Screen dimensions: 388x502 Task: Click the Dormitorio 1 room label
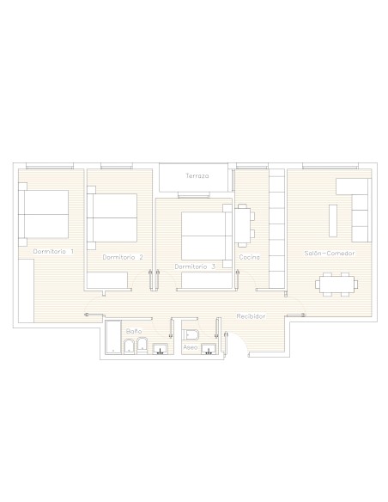(x=53, y=251)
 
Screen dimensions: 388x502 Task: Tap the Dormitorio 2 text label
(x=123, y=257)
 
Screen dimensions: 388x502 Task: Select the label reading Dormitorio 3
(x=195, y=266)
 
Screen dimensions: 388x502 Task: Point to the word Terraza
(x=197, y=175)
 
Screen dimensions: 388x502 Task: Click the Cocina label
(x=249, y=257)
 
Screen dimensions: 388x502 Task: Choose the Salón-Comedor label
(x=329, y=254)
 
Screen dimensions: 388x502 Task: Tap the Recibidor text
(x=251, y=316)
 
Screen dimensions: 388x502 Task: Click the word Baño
(x=134, y=331)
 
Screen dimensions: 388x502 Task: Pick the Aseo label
(x=191, y=347)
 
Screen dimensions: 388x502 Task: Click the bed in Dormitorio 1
(x=44, y=214)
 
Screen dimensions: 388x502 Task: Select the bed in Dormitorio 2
(x=112, y=217)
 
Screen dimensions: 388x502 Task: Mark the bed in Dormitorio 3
(x=207, y=236)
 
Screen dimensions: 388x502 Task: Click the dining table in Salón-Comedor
(x=336, y=285)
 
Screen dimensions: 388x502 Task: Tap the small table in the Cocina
(x=245, y=225)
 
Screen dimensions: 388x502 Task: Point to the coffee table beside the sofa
(x=333, y=221)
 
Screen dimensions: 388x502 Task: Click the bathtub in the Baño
(x=113, y=337)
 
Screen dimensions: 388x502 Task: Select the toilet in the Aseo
(x=191, y=335)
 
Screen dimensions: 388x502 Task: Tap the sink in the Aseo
(x=209, y=349)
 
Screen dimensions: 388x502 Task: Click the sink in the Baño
(x=160, y=349)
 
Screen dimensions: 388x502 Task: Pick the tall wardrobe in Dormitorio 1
(x=26, y=291)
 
